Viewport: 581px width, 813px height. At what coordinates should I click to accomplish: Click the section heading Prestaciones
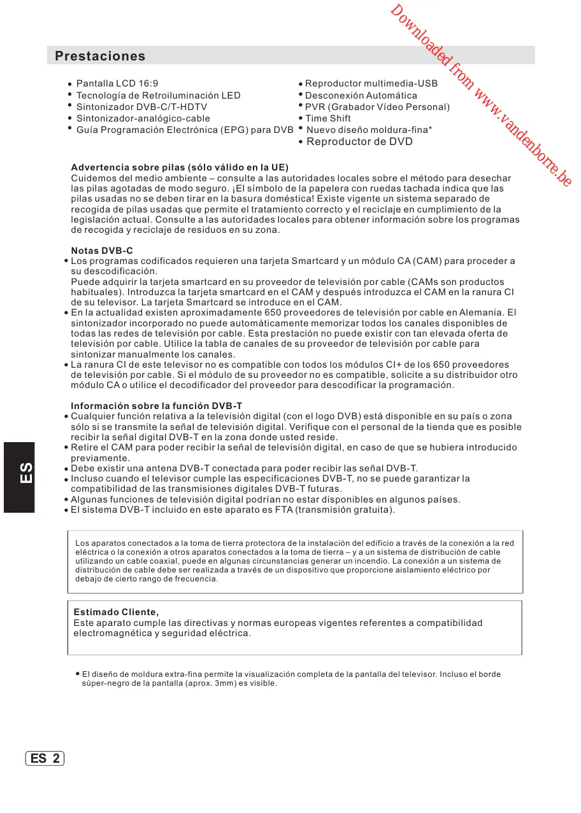click(100, 56)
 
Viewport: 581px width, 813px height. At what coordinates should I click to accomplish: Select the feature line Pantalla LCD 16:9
click(117, 83)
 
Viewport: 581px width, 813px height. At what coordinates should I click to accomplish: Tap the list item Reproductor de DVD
click(359, 141)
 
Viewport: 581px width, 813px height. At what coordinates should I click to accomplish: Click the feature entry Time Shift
click(327, 118)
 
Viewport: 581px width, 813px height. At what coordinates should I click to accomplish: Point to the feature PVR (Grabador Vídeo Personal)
click(377, 107)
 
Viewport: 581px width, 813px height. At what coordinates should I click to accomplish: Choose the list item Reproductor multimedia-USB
click(371, 83)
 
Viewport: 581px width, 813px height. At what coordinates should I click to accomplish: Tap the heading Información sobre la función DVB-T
click(156, 406)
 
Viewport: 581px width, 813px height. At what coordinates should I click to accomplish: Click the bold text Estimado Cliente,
click(116, 612)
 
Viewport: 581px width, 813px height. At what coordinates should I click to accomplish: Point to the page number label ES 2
click(45, 758)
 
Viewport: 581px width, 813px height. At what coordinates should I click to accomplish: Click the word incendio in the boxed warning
click(366, 561)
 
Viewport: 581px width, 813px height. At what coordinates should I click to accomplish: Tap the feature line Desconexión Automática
click(361, 95)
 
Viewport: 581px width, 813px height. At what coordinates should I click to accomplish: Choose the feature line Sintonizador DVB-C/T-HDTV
click(141, 107)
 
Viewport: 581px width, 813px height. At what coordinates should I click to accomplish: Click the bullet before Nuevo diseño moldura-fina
click(299, 129)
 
